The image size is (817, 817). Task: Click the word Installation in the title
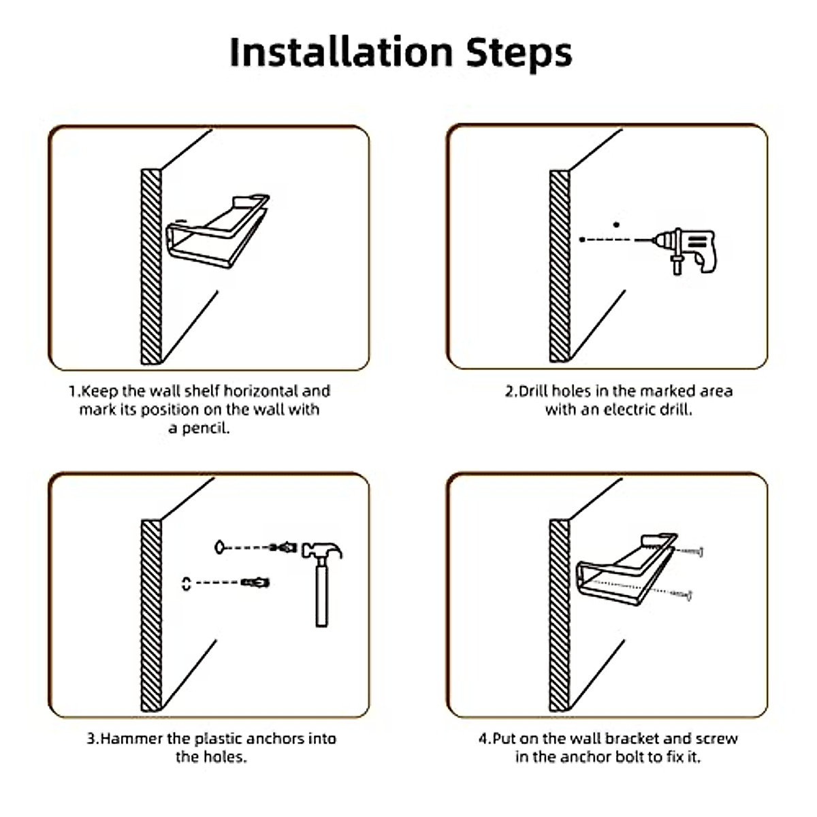tap(341, 52)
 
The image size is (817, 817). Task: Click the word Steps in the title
tap(519, 54)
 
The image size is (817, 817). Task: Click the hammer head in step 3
tap(321, 550)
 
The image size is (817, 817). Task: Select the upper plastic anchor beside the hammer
tap(283, 547)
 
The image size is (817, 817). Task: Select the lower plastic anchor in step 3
tap(255, 583)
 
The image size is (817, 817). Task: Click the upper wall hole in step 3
tap(219, 547)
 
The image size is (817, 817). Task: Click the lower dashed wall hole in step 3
tap(186, 583)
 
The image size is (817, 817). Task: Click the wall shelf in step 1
tap(218, 231)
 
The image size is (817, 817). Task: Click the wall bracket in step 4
tap(626, 569)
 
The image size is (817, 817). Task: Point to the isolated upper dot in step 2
tap(616, 225)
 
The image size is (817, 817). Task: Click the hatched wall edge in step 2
tap(560, 266)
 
